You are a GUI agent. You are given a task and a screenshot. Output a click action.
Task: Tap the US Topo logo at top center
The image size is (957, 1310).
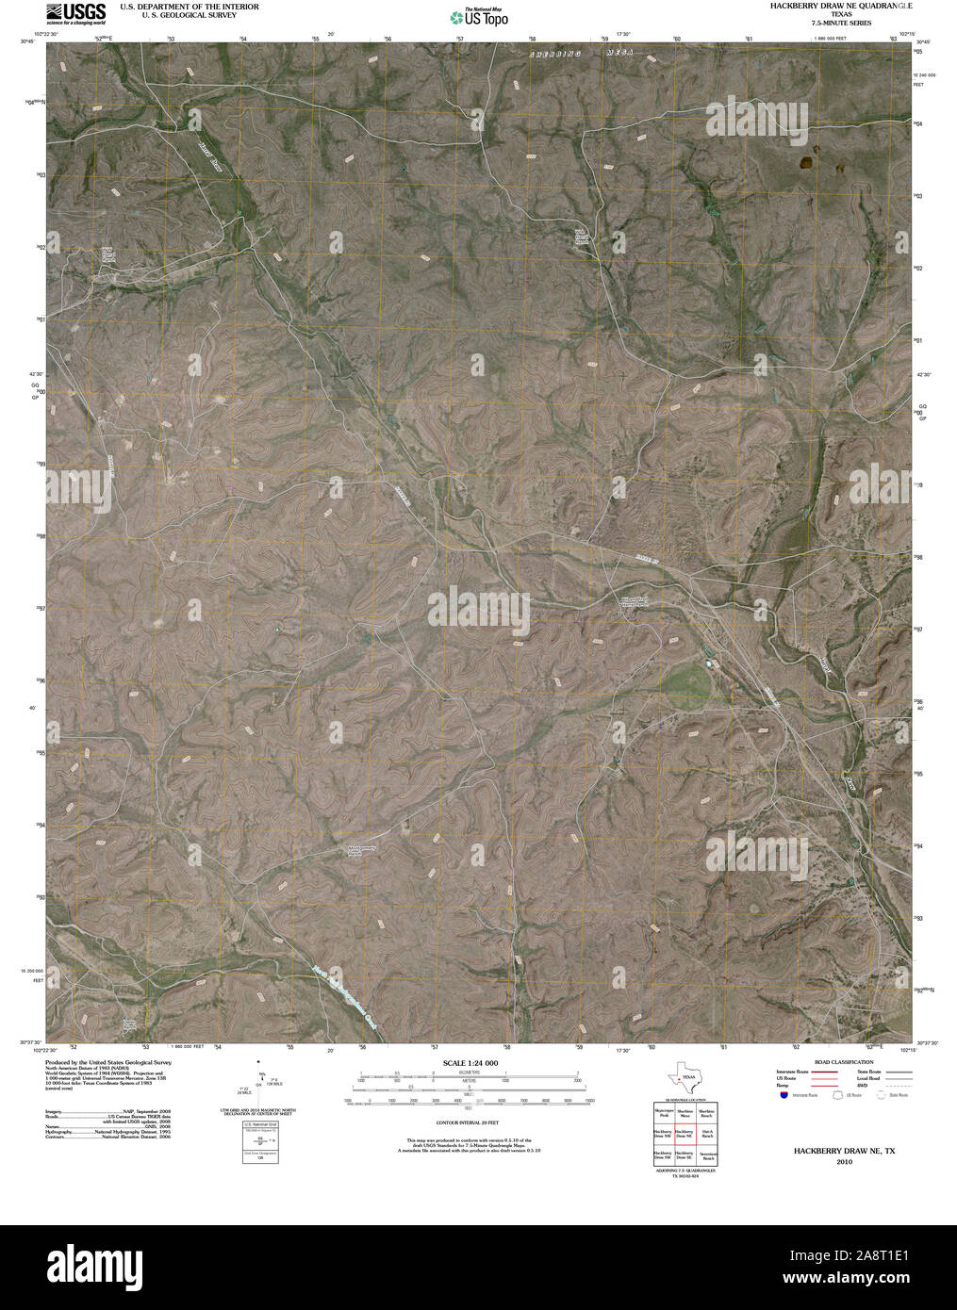(479, 16)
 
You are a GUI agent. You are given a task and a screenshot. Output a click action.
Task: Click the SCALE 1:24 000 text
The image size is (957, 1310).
(469, 1063)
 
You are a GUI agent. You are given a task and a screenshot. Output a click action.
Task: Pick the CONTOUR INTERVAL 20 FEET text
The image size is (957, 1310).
(468, 1122)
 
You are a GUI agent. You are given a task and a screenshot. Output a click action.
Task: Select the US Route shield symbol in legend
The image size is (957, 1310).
(833, 1095)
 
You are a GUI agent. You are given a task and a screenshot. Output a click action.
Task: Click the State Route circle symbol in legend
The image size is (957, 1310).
(883, 1095)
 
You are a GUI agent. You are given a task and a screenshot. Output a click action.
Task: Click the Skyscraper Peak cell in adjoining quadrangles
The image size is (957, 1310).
(664, 1113)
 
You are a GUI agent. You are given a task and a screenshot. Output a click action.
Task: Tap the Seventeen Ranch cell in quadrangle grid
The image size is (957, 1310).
(707, 1154)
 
